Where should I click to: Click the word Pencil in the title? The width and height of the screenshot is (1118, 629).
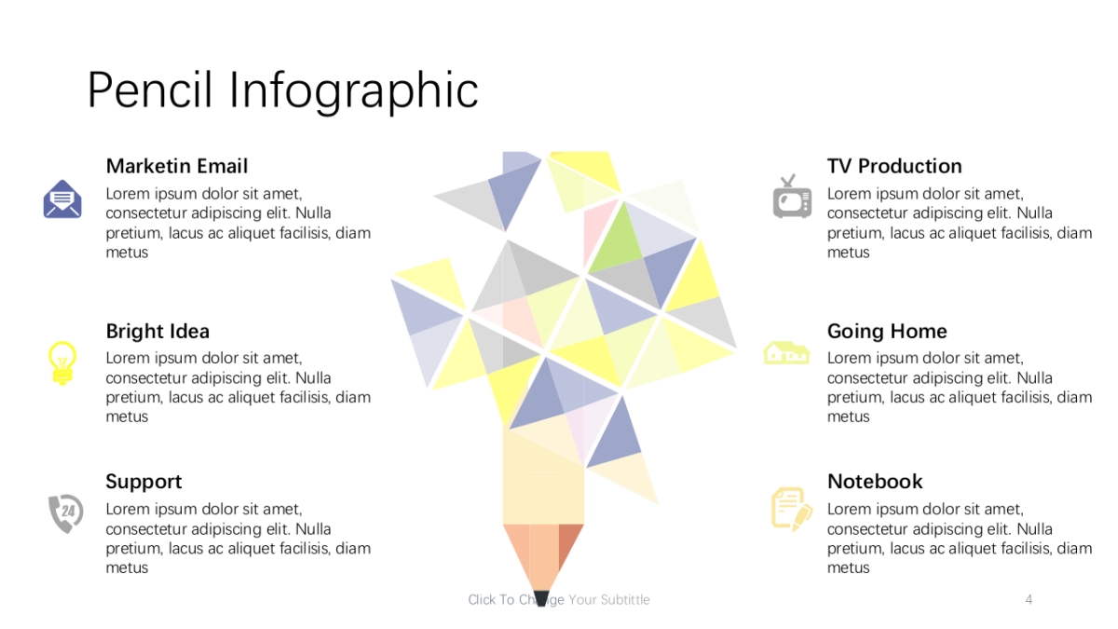[150, 90]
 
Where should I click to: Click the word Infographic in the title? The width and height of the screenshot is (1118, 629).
[353, 91]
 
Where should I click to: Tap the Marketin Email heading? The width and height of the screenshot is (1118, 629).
[177, 166]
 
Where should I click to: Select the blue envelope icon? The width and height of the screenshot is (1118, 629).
[62, 199]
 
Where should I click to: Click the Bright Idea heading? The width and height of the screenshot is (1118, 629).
[157, 331]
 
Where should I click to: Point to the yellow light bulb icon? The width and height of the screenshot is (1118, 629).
[62, 362]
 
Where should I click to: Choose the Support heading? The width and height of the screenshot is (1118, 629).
[143, 482]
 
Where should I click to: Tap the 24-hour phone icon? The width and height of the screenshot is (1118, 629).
[66, 513]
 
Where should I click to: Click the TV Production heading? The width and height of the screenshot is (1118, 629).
[894, 166]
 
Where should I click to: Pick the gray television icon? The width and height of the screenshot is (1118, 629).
[792, 197]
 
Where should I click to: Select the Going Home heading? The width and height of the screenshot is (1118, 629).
[887, 332]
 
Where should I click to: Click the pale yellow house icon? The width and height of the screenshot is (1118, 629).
[786, 353]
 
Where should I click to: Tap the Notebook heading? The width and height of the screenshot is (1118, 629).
[875, 482]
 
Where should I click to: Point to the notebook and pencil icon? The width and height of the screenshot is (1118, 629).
[792, 510]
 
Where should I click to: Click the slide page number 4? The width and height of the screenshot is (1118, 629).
[1029, 599]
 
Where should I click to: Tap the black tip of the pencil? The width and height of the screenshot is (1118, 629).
[541, 598]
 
